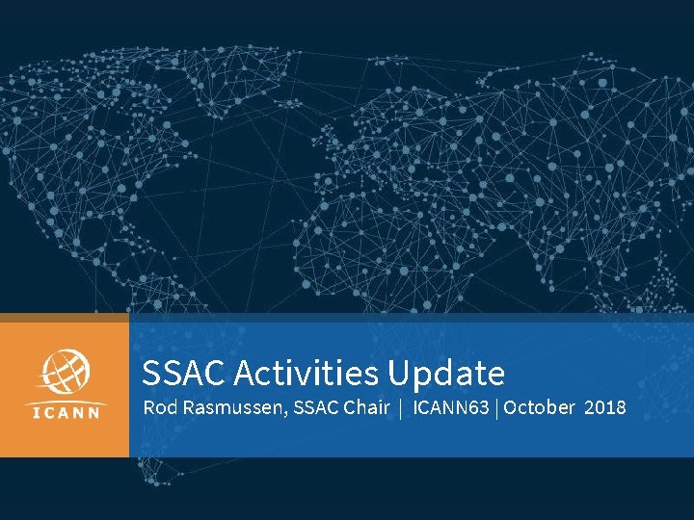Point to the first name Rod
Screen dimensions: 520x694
pyautogui.click(x=159, y=407)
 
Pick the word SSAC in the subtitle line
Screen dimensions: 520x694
pyautogui.click(x=313, y=407)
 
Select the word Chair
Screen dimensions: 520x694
pyautogui.click(x=367, y=407)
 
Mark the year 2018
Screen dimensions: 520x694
pyautogui.click(x=604, y=407)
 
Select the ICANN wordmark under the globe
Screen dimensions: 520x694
pyautogui.click(x=65, y=414)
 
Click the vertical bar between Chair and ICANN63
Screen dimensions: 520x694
pyautogui.click(x=400, y=408)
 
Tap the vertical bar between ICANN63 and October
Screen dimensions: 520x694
pyautogui.click(x=497, y=408)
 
